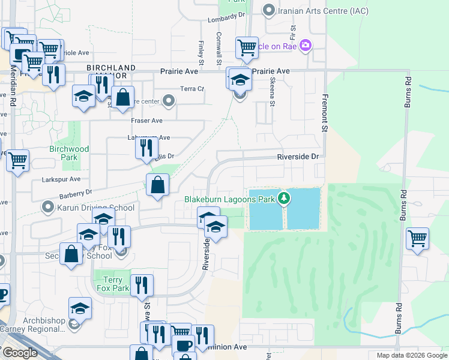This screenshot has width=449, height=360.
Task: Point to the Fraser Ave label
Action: [x=147, y=121]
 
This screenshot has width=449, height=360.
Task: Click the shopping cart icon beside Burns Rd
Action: [x=417, y=238]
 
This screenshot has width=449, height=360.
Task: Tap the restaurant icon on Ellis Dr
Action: [x=146, y=147]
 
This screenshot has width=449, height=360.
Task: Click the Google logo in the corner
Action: [x=20, y=353]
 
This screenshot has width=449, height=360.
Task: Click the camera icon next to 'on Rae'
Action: [x=306, y=46]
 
